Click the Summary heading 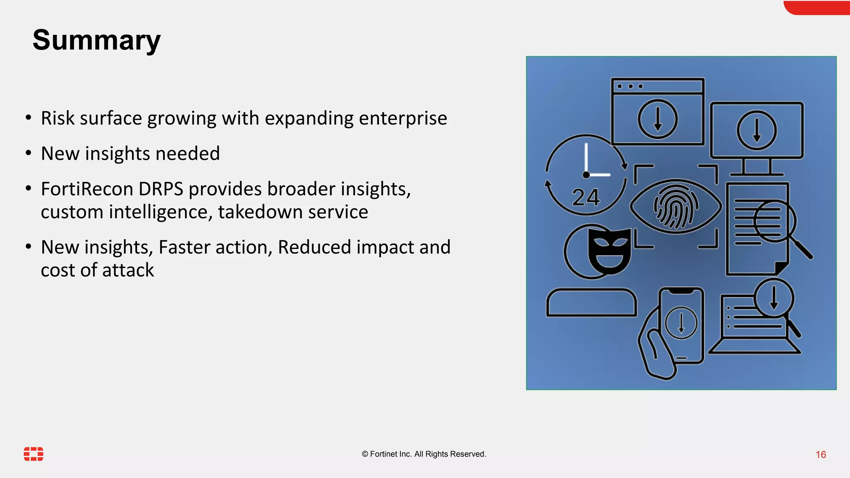point(96,40)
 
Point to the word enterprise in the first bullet point(403,118)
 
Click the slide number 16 point(821,455)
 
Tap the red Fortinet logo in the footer point(34,454)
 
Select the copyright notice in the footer point(424,454)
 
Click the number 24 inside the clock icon point(586,198)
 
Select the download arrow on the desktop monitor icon point(757,130)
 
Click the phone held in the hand point(681,325)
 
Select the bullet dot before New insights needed point(28,154)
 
